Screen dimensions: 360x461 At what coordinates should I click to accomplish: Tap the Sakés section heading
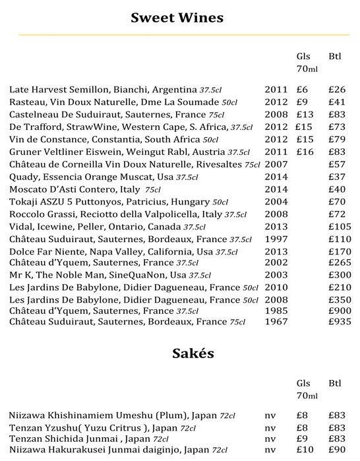[179, 354]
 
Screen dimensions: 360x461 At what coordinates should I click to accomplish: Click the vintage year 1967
[276, 321]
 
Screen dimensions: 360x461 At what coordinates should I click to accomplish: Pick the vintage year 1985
[276, 310]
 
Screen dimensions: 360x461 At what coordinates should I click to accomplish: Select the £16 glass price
[304, 152]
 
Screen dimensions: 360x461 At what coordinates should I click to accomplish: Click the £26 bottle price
[337, 89]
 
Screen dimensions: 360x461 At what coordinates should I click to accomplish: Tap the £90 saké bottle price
[337, 450]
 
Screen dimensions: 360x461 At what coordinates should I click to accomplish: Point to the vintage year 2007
[276, 164]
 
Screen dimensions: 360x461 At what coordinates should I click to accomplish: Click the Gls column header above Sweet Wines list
[303, 55]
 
